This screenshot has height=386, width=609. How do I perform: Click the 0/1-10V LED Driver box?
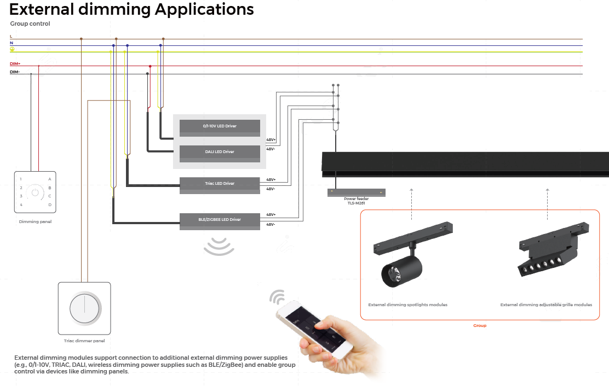click(x=220, y=127)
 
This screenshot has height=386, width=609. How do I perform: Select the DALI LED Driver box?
click(x=220, y=153)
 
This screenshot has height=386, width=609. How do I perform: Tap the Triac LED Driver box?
click(x=220, y=185)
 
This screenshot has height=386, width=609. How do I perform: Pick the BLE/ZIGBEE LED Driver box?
click(x=220, y=220)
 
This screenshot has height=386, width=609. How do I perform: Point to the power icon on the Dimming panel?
click(x=35, y=192)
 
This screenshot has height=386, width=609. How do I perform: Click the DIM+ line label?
click(x=15, y=64)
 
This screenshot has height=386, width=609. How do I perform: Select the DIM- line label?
click(x=15, y=72)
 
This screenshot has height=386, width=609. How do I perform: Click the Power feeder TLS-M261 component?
click(x=356, y=192)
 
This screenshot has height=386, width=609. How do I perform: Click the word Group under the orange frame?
click(x=480, y=325)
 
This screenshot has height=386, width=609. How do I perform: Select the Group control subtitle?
click(x=30, y=24)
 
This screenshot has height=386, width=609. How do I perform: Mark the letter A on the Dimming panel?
click(x=50, y=179)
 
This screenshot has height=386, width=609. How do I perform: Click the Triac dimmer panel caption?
click(x=84, y=341)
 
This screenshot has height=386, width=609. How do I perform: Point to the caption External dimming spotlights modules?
click(x=407, y=305)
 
